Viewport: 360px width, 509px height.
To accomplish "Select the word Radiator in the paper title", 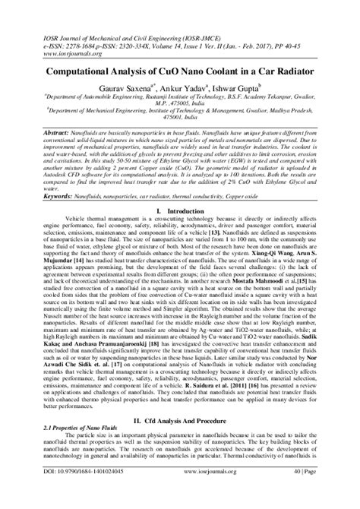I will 283,69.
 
